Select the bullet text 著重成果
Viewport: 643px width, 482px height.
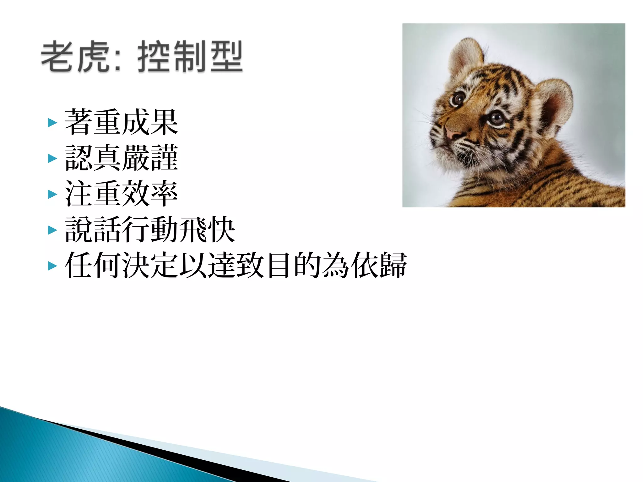click(x=121, y=122)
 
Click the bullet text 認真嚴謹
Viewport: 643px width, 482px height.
click(x=121, y=158)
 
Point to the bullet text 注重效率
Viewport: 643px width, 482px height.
click(x=121, y=194)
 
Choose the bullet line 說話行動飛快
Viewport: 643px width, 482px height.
click(x=150, y=230)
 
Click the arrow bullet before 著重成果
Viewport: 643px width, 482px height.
click(x=52, y=123)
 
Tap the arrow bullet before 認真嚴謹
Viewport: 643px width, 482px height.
click(x=52, y=158)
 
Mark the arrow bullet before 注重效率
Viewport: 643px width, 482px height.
click(x=52, y=194)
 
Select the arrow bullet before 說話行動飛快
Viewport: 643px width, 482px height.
click(x=52, y=230)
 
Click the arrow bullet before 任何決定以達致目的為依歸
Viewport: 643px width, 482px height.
click(x=52, y=266)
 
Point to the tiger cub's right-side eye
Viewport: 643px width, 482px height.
click(x=496, y=118)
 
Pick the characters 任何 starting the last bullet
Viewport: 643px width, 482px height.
click(x=93, y=265)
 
